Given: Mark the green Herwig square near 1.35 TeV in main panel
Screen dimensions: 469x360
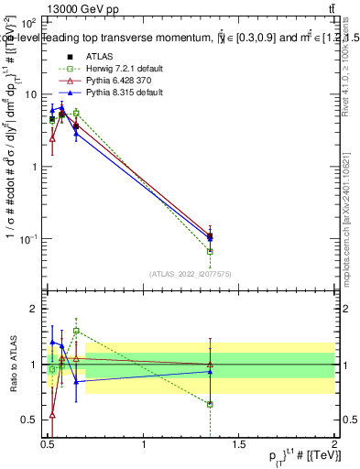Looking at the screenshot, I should (211, 251).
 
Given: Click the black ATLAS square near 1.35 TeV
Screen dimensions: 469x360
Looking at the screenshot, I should (211, 235).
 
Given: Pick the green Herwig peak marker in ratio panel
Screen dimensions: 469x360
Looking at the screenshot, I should (76, 331).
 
